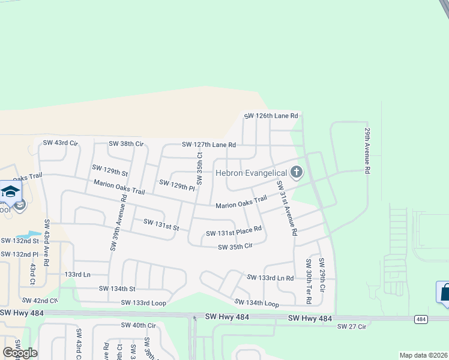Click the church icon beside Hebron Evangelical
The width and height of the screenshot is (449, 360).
(x=295, y=173)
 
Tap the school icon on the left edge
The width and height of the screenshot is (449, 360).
(x=10, y=192)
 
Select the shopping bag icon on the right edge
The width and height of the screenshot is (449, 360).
(x=444, y=293)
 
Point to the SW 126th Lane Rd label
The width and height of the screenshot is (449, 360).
(x=271, y=116)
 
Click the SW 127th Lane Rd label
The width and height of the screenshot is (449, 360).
(x=209, y=145)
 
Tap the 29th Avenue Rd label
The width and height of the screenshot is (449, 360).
(x=366, y=150)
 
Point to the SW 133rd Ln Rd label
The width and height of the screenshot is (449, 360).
(x=270, y=278)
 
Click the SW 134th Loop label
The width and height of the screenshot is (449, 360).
(x=256, y=303)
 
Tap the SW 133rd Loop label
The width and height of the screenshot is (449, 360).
(x=143, y=303)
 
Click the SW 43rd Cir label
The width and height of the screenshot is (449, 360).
(x=61, y=143)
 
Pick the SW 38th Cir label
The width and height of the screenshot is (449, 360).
(x=125, y=144)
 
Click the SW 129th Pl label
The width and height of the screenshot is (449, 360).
(x=177, y=185)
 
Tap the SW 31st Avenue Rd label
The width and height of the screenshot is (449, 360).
(x=287, y=208)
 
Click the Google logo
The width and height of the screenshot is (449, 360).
(x=20, y=352)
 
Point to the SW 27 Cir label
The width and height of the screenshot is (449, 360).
(x=351, y=326)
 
